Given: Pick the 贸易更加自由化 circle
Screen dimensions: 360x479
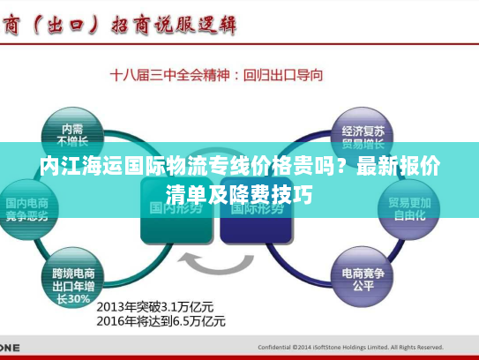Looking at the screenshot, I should click(407, 208).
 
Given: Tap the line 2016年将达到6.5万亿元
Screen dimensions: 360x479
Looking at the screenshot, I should click(161, 321).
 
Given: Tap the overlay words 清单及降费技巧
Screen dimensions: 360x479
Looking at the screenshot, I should click(239, 194).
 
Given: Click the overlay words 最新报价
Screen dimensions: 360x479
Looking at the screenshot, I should click(398, 168).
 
